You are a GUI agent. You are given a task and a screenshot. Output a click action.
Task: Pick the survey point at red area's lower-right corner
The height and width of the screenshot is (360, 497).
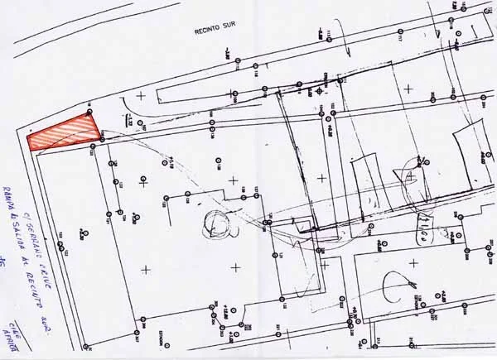[100, 140]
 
